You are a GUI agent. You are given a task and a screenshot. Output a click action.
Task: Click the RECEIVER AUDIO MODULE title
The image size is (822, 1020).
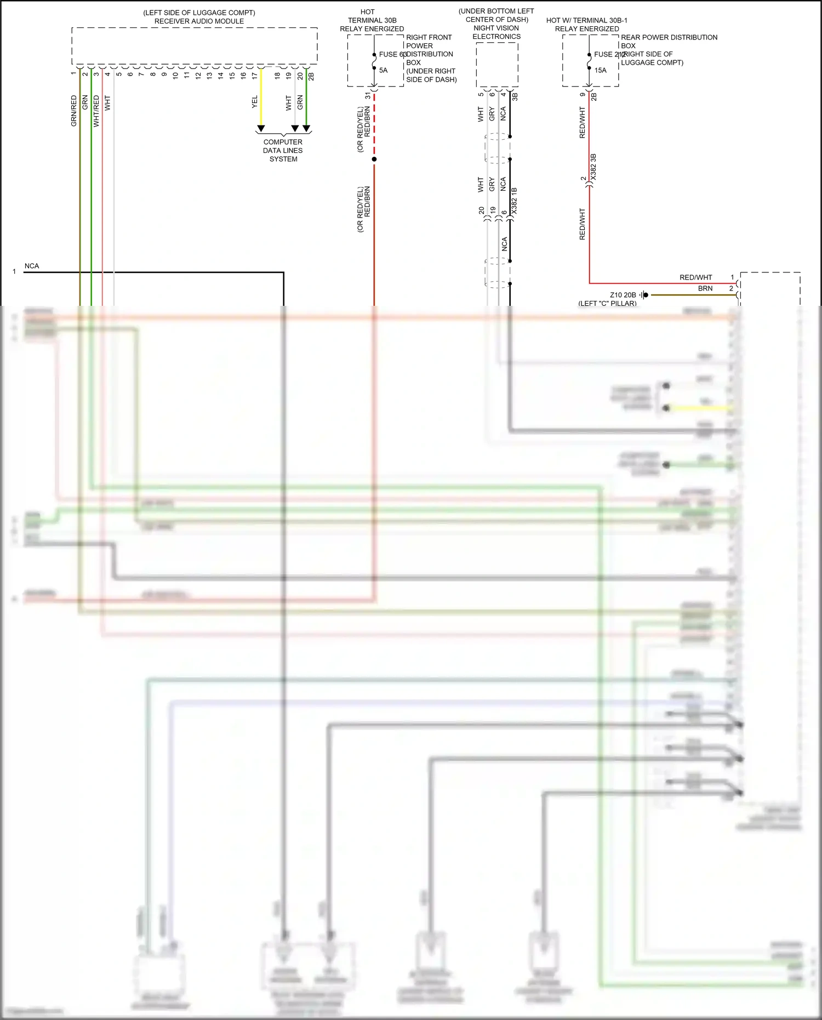pos(199,21)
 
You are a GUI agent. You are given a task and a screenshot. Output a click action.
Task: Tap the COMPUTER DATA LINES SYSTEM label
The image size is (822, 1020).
pos(283,150)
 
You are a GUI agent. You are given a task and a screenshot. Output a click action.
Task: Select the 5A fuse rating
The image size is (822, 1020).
pos(383,70)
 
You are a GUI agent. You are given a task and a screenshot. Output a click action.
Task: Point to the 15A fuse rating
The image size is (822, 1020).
pos(600,70)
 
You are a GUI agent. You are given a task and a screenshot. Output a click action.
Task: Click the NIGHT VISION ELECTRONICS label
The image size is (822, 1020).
pos(496,32)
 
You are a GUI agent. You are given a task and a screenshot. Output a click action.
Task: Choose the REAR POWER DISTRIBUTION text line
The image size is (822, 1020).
pos(669,37)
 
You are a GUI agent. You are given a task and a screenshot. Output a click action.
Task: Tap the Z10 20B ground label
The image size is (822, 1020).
pos(623,295)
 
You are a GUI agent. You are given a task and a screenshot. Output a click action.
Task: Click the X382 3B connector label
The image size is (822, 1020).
pos(593,168)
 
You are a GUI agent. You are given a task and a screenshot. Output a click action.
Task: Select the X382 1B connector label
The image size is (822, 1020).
pos(514,201)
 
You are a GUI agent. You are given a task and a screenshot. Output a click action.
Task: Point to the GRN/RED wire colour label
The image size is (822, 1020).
pos(74,111)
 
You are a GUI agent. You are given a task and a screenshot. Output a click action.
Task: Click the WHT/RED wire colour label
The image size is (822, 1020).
pos(96,111)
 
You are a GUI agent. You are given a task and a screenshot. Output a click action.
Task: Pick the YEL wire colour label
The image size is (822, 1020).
pos(254,102)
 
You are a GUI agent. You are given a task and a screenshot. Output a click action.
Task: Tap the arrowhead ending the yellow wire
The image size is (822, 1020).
pos(261,129)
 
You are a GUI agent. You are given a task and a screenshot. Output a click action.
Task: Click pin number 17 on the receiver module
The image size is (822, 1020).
pos(254,76)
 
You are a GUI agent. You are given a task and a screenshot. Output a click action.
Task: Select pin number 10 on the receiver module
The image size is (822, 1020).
pos(175,76)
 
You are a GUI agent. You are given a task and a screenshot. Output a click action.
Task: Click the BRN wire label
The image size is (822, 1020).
pos(705,288)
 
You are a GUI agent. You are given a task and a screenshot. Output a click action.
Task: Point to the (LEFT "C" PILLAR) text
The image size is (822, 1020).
pos(607,303)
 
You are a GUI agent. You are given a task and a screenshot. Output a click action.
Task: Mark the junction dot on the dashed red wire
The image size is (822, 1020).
pos(374,159)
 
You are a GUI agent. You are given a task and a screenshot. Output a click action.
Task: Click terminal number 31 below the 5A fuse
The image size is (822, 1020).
pos(368,96)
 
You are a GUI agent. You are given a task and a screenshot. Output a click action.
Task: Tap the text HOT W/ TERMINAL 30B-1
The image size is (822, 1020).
pos(586,20)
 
